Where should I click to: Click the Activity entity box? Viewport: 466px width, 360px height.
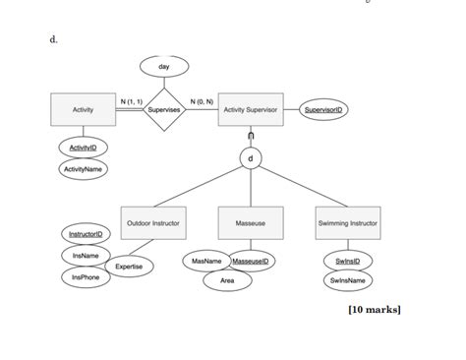(x=83, y=110)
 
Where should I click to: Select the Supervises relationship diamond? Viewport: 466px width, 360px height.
(x=163, y=110)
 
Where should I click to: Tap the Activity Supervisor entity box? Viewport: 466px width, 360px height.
(x=252, y=110)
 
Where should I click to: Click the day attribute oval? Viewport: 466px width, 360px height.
(x=163, y=65)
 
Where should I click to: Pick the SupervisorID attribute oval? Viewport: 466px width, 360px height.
(x=323, y=110)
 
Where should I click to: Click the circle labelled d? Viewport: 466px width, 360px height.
(x=251, y=157)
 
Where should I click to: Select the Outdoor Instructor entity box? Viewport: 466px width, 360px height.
(x=152, y=223)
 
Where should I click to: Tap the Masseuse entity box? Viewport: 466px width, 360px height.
(x=251, y=223)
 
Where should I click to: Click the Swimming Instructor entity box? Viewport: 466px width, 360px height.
(x=348, y=223)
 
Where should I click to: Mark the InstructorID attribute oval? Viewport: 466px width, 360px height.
(x=87, y=234)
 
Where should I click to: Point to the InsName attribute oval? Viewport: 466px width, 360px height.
(x=87, y=256)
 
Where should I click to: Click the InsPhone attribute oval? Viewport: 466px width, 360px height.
(x=87, y=278)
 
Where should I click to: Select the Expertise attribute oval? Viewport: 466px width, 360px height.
(x=129, y=267)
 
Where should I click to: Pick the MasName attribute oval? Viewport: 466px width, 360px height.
(x=205, y=261)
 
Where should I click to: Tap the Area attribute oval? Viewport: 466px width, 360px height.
(x=227, y=281)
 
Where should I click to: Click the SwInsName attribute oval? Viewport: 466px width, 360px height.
(x=348, y=281)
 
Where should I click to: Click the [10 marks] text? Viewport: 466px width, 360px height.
(x=375, y=311)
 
